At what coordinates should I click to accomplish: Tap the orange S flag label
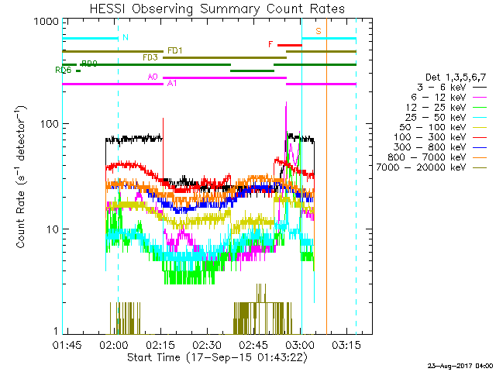point(318,31)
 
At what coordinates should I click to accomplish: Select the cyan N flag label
point(126,38)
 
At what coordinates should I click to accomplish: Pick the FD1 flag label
point(174,51)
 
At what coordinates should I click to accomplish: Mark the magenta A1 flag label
point(171,84)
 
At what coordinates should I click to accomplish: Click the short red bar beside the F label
point(289,45)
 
